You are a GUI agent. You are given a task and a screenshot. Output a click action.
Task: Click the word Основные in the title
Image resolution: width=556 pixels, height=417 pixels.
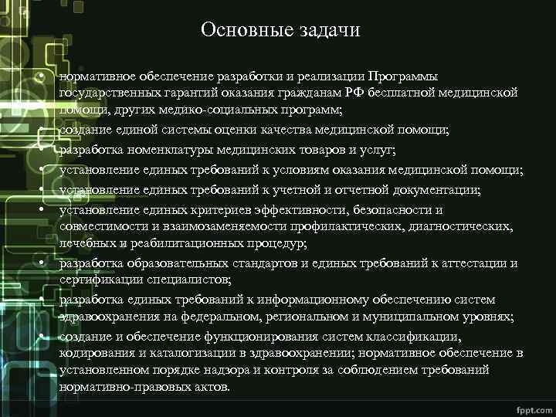pos(236,30)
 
